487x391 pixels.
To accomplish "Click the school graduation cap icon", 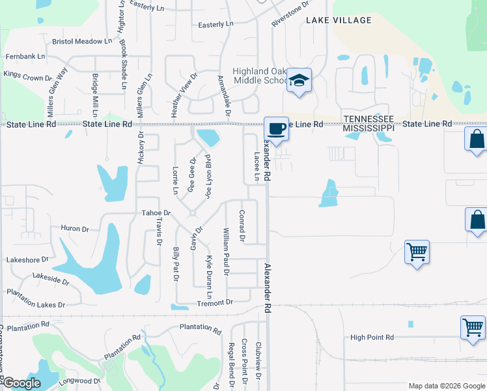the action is (x=299, y=80).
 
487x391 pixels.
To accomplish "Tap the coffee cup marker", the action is (x=277, y=128).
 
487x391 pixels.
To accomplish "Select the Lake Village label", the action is (x=339, y=20).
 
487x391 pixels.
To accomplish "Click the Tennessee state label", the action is (x=369, y=119).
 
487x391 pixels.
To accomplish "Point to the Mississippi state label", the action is (x=369, y=129).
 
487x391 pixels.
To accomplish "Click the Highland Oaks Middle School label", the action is (x=260, y=76).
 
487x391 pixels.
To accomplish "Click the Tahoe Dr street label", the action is (x=156, y=213).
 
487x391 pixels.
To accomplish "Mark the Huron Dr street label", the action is (x=74, y=229).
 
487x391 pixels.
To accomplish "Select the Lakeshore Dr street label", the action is (x=28, y=259).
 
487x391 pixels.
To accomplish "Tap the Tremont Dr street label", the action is (x=215, y=302).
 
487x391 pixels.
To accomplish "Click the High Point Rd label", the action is (x=372, y=337).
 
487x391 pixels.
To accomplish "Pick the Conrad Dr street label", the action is (x=242, y=225).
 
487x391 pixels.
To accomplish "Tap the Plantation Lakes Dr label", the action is (x=36, y=304).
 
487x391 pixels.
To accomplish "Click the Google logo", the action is (x=21, y=383).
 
